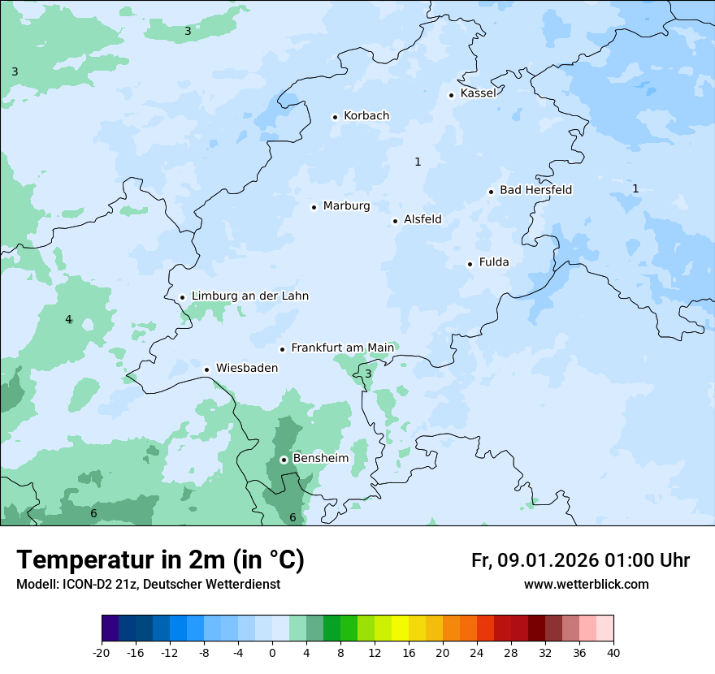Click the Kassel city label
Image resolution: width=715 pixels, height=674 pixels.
click(478, 93)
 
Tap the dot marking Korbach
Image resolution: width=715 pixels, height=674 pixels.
click(335, 117)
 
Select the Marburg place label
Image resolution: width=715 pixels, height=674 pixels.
click(346, 206)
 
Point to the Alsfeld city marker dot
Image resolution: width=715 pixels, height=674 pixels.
click(395, 221)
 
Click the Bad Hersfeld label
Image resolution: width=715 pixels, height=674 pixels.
click(535, 190)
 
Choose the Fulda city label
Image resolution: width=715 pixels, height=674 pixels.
click(494, 262)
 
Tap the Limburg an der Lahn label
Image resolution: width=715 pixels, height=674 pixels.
click(249, 296)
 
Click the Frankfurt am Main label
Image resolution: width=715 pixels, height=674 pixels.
click(342, 348)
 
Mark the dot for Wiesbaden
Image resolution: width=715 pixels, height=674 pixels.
click(207, 369)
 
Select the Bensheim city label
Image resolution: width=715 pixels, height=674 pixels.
click(320, 458)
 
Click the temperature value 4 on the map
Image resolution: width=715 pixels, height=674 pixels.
click(68, 319)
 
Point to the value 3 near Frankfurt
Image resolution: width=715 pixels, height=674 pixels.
click(368, 374)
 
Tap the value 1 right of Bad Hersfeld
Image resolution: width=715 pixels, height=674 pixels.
click(635, 188)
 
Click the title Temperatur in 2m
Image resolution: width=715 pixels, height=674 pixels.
click(160, 560)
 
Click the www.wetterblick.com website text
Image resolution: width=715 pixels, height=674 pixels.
click(586, 585)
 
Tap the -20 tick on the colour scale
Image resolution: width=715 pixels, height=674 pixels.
click(102, 653)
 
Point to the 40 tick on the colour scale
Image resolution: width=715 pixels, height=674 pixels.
click(613, 653)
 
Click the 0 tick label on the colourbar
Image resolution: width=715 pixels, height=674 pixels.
click(272, 653)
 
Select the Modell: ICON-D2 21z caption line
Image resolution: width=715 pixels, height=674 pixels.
click(148, 585)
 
